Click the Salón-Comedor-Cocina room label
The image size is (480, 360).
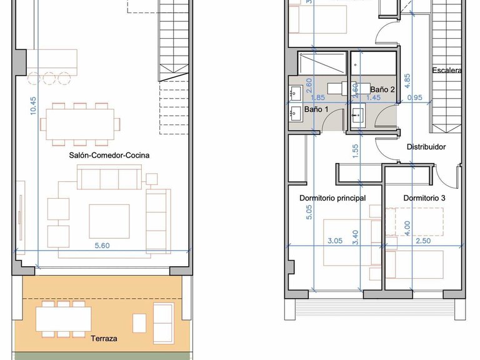click(109, 155)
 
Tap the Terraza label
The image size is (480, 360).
click(104, 339)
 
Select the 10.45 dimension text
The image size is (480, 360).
click(33, 106)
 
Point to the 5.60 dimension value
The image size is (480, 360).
click(102, 246)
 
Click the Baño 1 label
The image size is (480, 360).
click(316, 109)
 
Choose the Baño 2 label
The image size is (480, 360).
click(382, 89)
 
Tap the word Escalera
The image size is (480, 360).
click(447, 71)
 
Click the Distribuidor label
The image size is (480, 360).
click(426, 147)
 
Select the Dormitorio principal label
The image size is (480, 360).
click(332, 198)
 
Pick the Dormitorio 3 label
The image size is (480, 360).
click(424, 198)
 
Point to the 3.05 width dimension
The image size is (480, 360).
click(335, 241)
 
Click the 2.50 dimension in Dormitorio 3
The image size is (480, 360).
click(423, 241)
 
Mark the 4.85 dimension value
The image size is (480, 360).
click(407, 81)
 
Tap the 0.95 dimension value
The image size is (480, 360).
click(415, 97)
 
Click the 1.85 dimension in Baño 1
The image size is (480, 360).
click(317, 97)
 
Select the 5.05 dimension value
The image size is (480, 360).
click(309, 212)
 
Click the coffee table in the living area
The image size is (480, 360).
click(109, 221)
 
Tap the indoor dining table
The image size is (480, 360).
click(80, 124)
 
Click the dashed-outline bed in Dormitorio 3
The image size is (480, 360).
click(419, 222)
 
